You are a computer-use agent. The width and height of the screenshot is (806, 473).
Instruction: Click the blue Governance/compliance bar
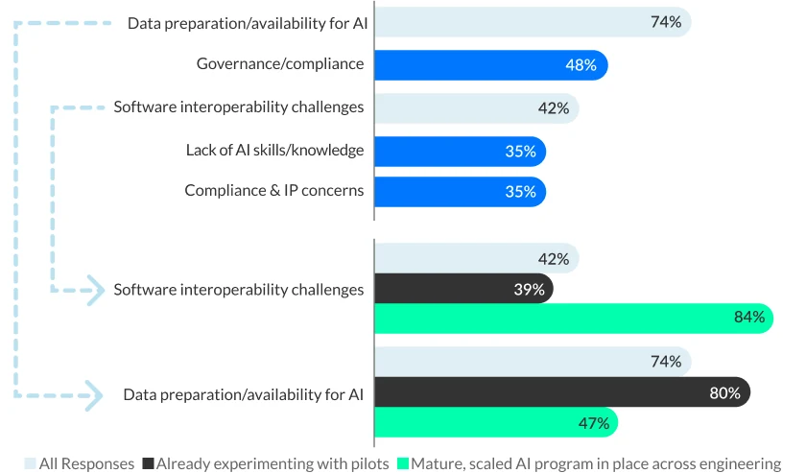point(489,65)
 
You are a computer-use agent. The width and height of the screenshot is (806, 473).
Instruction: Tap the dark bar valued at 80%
point(561,392)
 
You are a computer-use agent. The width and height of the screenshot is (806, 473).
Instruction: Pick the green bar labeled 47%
point(495,422)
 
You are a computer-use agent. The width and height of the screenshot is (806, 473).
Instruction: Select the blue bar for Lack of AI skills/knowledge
point(459,151)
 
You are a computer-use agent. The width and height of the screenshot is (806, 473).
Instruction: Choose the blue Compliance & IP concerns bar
point(459,191)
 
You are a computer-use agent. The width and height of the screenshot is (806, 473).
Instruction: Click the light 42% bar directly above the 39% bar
point(475,259)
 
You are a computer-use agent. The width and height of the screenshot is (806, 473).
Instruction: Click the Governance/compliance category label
point(280,64)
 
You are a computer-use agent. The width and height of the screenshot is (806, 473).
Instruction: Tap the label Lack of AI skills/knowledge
point(274,150)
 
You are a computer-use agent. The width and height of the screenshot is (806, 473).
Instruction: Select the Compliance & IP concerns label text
point(273,190)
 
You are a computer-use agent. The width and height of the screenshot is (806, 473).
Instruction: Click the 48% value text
point(581,65)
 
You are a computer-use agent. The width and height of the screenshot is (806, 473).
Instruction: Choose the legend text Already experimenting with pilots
point(272,463)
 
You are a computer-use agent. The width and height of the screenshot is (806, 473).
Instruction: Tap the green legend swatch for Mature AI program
point(403,464)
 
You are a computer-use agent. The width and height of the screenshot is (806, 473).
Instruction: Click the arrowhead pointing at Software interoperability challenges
point(94,290)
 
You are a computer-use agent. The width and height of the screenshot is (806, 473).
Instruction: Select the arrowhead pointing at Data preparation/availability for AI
point(93,394)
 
